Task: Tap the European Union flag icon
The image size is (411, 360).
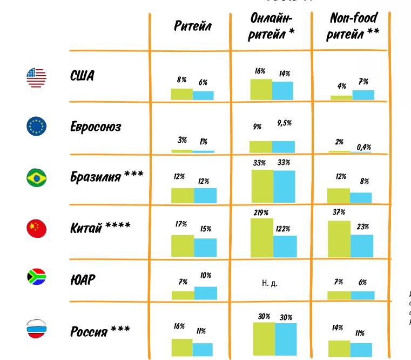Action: click(x=37, y=126)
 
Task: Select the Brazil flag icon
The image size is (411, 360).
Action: click(x=37, y=177)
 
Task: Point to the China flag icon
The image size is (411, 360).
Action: click(x=37, y=228)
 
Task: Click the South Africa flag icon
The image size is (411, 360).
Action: click(x=37, y=277)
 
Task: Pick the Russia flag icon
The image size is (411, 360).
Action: click(x=37, y=329)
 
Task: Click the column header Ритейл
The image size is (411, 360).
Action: click(x=193, y=26)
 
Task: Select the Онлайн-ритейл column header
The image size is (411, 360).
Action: click(x=273, y=25)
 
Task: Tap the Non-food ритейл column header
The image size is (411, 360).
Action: click(x=354, y=25)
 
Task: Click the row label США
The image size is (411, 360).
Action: click(x=82, y=76)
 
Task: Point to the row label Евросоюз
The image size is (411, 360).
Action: click(x=96, y=127)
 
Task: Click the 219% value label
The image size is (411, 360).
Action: click(x=261, y=212)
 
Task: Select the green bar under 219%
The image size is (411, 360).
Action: click(x=262, y=237)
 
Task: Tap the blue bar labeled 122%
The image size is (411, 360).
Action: click(x=285, y=246)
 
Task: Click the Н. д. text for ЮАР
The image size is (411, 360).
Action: click(x=269, y=283)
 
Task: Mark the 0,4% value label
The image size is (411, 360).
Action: click(x=364, y=147)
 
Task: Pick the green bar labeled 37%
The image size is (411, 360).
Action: click(x=339, y=238)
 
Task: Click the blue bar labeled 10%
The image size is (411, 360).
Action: click(x=206, y=293)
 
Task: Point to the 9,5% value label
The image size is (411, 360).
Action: click(x=284, y=123)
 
